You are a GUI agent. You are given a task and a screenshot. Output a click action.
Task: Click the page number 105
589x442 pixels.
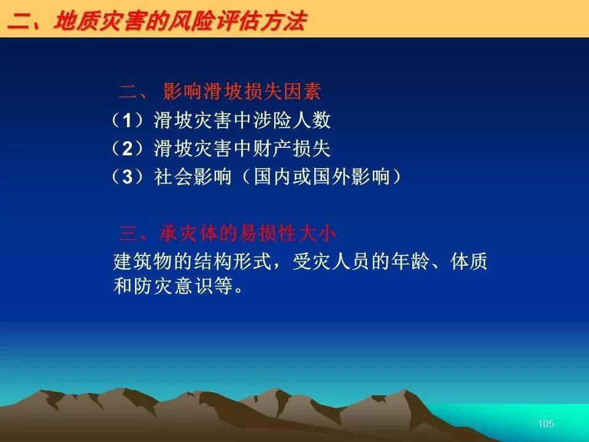[x=546, y=424]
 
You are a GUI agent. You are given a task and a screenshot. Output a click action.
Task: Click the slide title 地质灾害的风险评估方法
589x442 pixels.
[x=180, y=21]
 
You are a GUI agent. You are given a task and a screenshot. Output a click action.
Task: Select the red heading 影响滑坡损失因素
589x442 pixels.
[x=242, y=91]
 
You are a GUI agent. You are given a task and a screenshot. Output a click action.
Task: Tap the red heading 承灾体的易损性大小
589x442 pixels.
[x=247, y=233]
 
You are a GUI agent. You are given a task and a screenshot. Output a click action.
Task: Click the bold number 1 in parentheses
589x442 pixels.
[x=128, y=121]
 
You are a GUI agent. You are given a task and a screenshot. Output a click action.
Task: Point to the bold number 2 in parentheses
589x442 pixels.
[x=128, y=149]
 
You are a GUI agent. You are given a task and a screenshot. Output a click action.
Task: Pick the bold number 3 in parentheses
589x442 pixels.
[x=128, y=177]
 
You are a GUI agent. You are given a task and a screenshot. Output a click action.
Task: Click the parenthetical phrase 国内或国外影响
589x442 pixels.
[x=321, y=177]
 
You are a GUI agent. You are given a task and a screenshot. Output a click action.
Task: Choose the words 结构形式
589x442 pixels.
[x=233, y=262]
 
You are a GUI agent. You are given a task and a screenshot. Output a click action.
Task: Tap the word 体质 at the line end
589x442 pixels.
[x=469, y=262]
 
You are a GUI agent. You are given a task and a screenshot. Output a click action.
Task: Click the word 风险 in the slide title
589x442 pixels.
[x=191, y=21]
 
